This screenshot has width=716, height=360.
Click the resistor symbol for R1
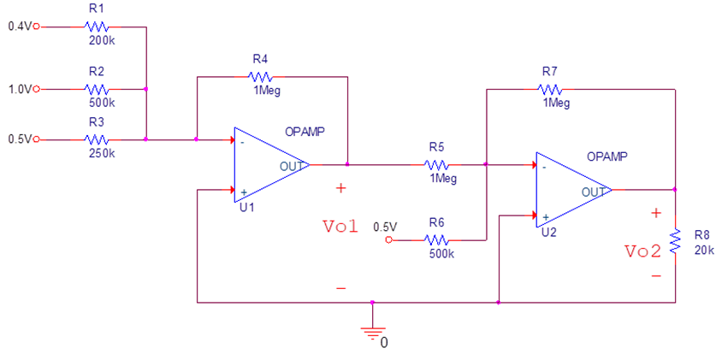[96, 27]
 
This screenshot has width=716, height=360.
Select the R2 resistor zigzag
[96, 88]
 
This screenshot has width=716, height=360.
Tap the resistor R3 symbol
[96, 139]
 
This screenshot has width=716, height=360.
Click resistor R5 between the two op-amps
[436, 164]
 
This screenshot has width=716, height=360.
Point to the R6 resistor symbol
[436, 240]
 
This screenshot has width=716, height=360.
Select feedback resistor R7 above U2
[550, 88]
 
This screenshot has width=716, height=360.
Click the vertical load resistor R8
[675, 240]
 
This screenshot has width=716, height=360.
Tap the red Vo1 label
[340, 227]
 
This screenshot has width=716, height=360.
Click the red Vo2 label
[642, 251]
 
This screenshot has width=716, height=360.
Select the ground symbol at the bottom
[371, 333]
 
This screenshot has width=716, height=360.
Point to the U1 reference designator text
[246, 207]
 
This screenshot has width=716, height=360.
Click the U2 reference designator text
[548, 232]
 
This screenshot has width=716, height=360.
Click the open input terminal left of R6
[389, 240]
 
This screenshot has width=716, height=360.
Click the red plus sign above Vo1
[341, 187]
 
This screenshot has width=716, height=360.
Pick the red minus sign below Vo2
[656, 276]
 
